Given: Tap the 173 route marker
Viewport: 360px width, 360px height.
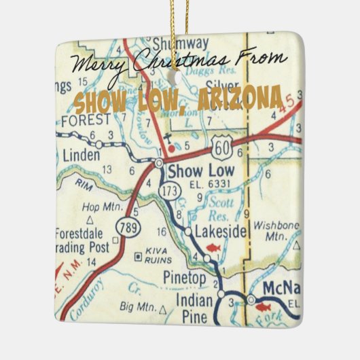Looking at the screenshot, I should pyautogui.click(x=170, y=192).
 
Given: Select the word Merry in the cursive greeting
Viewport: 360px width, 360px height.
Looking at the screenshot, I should pyautogui.click(x=97, y=65).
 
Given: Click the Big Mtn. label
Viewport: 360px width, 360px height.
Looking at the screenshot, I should pyautogui.click(x=140, y=308).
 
